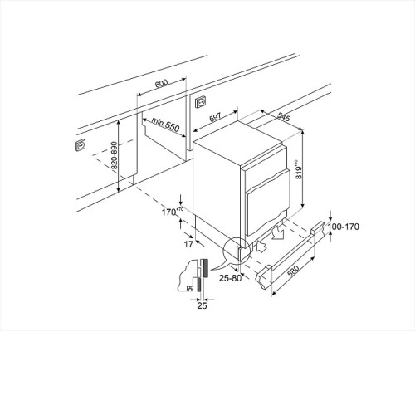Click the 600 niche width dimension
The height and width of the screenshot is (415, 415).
coord(161,84)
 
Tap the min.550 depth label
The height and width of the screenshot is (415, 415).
coord(165,124)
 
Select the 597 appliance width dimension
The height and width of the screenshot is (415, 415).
coord(215,117)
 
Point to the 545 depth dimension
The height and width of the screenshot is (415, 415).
coord(284,117)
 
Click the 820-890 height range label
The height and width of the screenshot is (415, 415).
coord(114,155)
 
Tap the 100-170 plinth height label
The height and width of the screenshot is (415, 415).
coord(344,227)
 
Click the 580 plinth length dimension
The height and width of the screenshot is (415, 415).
coord(293,271)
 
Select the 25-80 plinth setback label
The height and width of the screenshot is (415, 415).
coord(230,278)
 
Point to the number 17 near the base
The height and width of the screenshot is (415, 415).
coord(188,244)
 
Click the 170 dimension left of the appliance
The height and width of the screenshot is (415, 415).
coord(168,212)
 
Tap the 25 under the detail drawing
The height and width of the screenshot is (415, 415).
coord(202,305)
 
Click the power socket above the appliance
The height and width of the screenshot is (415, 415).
coord(200,102)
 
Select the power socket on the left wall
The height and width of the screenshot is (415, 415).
coord(80,145)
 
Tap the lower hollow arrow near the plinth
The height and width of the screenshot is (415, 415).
coord(261,246)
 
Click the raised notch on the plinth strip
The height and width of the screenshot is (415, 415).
coord(318,227)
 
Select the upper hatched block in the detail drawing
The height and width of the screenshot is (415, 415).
coord(205,268)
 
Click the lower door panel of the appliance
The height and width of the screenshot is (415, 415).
coord(267,211)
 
